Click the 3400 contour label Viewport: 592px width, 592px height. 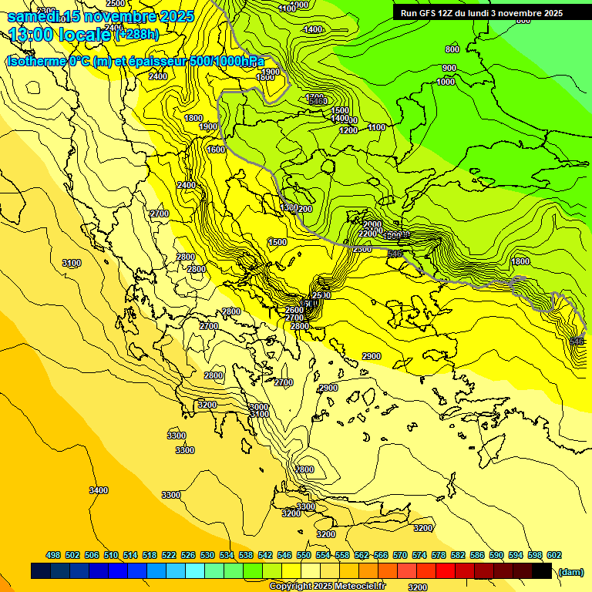(x=98, y=490)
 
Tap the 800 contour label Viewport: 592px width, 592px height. (x=452, y=49)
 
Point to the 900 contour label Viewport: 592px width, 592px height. (x=449, y=68)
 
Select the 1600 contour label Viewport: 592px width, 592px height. (x=216, y=150)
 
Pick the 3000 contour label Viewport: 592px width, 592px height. (x=259, y=407)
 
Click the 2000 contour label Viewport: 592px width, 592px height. (x=372, y=224)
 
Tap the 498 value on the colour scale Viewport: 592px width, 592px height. (x=53, y=555)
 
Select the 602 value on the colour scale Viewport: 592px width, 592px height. (x=554, y=555)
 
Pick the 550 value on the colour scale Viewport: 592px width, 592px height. (x=304, y=555)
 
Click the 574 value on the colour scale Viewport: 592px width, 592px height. (x=419, y=555)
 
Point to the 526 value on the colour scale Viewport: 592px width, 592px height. (x=188, y=555)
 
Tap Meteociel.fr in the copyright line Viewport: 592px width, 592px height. (x=360, y=587)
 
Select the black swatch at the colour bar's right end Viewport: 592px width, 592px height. (x=542, y=570)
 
